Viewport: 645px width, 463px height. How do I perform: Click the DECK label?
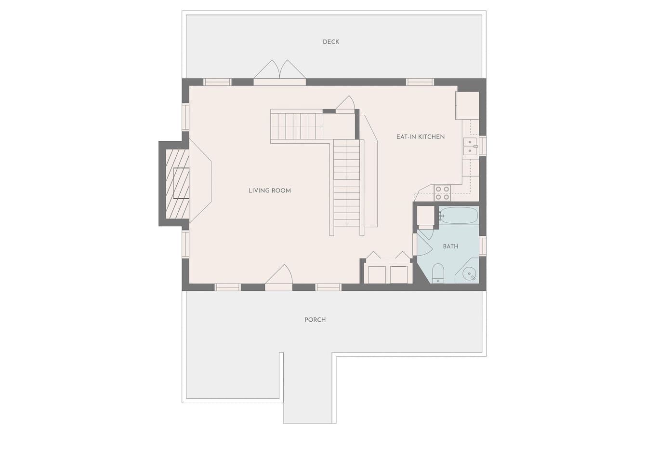(331, 42)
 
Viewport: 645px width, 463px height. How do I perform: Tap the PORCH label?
(315, 320)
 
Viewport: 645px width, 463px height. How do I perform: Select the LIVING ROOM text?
(270, 191)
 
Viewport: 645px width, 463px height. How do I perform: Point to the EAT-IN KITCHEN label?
(421, 137)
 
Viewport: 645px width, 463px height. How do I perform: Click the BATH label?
(450, 246)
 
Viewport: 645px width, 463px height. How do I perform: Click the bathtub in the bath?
(459, 216)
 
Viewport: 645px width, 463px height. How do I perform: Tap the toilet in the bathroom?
(438, 272)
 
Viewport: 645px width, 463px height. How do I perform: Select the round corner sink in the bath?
(469, 273)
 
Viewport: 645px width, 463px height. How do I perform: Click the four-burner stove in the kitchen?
(442, 193)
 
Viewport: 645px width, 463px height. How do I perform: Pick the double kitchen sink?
(470, 147)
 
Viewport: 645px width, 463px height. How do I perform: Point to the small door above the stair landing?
(345, 103)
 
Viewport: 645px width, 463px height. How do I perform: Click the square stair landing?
(339, 126)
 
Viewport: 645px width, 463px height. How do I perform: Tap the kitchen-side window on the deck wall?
(420, 82)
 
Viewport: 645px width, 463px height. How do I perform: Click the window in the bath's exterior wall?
(483, 245)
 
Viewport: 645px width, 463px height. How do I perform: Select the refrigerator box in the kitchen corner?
(467, 106)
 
